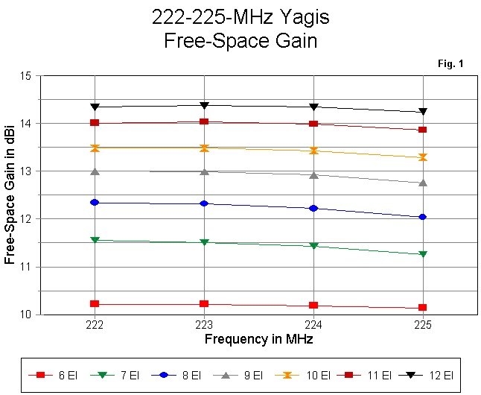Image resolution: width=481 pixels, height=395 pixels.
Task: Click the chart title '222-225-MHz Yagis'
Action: (241, 17)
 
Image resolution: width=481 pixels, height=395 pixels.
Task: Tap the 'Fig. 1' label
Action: (450, 64)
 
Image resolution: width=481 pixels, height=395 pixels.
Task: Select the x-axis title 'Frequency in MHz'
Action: (258, 339)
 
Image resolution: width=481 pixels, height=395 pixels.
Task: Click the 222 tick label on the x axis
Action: (95, 326)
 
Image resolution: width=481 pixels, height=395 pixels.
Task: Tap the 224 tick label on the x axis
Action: (313, 326)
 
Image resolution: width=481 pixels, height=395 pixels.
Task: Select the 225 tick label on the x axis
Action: (423, 326)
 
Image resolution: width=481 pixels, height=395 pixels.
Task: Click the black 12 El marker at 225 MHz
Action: (423, 112)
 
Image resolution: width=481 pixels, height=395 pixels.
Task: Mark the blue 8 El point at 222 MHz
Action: (95, 202)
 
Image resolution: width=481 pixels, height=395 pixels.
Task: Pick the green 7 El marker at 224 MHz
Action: (313, 246)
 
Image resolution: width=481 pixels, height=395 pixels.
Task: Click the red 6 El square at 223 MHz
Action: (204, 304)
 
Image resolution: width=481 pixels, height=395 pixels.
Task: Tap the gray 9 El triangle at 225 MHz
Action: (423, 183)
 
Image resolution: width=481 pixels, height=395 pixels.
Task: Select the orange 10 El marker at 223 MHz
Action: (204, 148)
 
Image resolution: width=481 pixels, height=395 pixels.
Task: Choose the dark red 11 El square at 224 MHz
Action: (313, 124)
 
